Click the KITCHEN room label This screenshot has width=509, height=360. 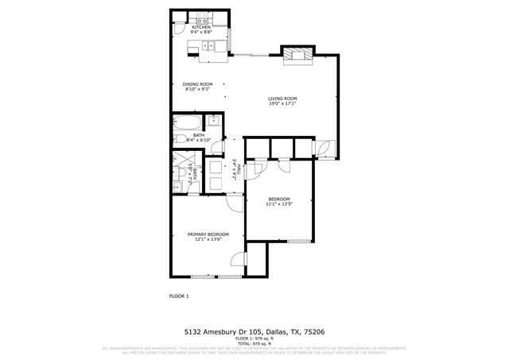[x=200, y=27]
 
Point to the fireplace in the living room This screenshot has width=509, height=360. [x=298, y=54]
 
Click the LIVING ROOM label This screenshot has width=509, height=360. [x=282, y=98]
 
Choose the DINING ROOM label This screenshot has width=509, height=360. [x=197, y=84]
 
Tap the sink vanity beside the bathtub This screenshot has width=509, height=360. [x=214, y=121]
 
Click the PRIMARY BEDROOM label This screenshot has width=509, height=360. [x=208, y=234]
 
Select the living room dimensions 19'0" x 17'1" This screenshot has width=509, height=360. [x=282, y=103]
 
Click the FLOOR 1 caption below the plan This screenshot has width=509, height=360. [x=179, y=296]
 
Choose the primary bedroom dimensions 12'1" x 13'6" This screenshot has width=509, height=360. [x=208, y=239]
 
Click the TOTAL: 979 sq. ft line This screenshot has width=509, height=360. [x=254, y=343]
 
